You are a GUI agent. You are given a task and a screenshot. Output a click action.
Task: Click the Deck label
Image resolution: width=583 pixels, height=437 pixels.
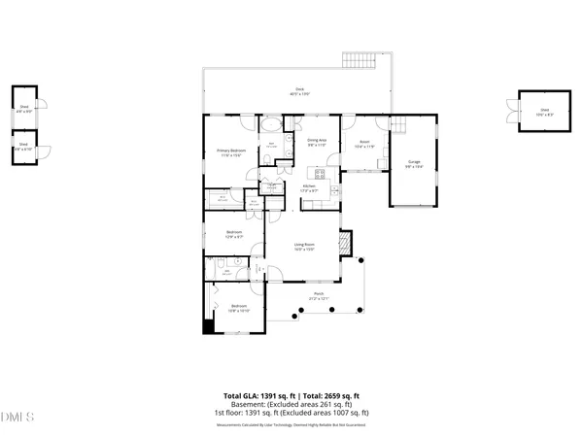pyautogui.click(x=299, y=91)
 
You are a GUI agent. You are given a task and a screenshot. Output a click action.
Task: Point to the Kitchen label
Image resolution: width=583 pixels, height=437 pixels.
pyautogui.click(x=310, y=187)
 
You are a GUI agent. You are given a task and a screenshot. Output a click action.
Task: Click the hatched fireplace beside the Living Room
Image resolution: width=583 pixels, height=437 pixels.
pyautogui.click(x=342, y=243)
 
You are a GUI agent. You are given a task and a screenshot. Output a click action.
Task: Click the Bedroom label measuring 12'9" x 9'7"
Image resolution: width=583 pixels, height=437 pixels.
pyautogui.click(x=234, y=234)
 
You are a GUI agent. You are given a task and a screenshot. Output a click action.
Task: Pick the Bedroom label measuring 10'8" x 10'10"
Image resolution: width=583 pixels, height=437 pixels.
pyautogui.click(x=238, y=309)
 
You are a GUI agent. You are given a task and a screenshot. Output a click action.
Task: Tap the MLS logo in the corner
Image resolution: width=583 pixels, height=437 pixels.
pyautogui.click(x=17, y=419)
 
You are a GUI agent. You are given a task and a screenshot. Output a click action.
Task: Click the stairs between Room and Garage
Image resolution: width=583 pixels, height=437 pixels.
pyautogui.click(x=395, y=124)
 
